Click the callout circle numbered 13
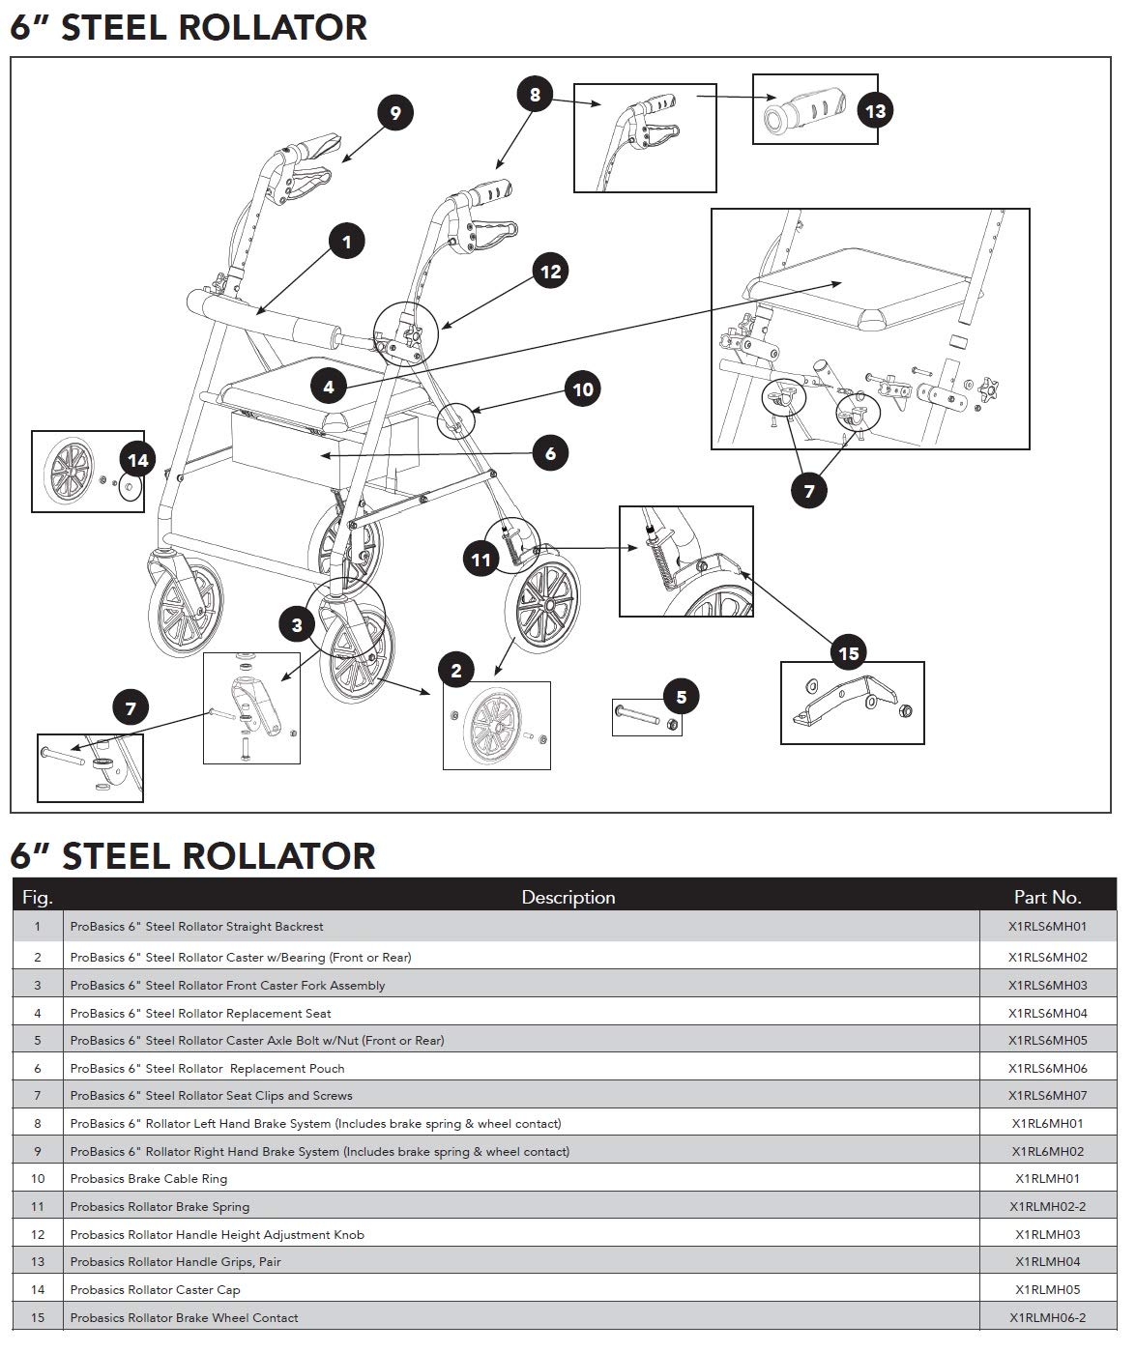(874, 111)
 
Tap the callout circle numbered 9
(394, 113)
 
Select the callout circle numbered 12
(550, 272)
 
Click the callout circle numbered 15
(848, 653)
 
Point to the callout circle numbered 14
(138, 460)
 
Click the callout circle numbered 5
(681, 697)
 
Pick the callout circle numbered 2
(456, 671)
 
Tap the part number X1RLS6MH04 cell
(1047, 1014)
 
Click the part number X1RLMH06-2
(1047, 1318)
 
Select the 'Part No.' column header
(1047, 897)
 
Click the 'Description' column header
(568, 897)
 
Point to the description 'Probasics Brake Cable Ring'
(149, 1179)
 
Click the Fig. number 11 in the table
(38, 1207)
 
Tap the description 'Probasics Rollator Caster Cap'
(155, 1290)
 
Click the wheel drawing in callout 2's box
(496, 727)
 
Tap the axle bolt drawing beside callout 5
(638, 718)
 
